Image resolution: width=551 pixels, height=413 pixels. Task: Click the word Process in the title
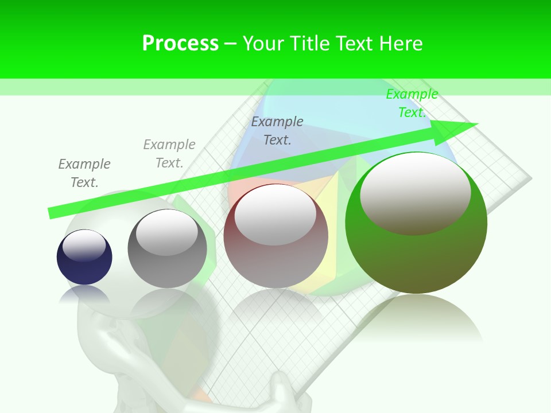pyautogui.click(x=180, y=44)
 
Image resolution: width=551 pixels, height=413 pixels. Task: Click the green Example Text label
pyautogui.click(x=412, y=103)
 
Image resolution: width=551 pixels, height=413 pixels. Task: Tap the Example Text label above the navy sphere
pyautogui.click(x=84, y=173)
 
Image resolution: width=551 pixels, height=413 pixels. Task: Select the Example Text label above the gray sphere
pyautogui.click(x=169, y=154)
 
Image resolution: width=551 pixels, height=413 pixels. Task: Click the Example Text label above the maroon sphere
pyautogui.click(x=277, y=131)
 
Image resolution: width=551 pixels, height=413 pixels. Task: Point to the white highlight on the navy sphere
pyautogui.click(x=84, y=246)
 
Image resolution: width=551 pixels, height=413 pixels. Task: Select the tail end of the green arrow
pyautogui.click(x=52, y=213)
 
